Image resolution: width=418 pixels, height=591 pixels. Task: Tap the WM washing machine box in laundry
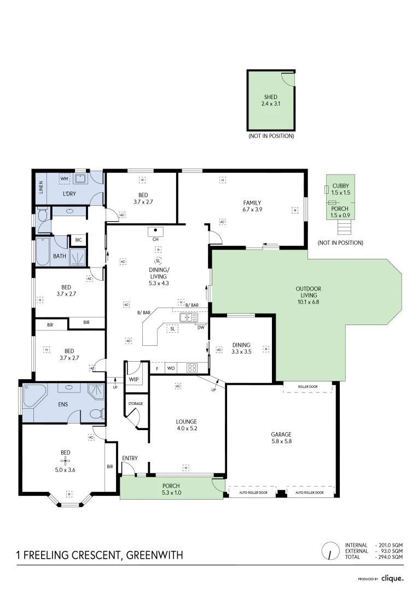[64, 179]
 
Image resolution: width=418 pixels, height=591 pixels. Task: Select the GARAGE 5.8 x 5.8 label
[281, 438]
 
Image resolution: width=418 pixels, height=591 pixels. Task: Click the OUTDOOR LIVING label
[308, 292]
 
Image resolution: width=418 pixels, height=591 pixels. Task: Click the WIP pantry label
[133, 379]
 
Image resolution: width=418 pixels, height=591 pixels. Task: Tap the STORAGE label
[136, 404]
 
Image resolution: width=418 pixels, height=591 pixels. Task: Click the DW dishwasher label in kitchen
[201, 328]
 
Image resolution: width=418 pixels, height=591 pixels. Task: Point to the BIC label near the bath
[78, 240]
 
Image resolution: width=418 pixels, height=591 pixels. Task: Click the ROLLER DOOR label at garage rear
[308, 387]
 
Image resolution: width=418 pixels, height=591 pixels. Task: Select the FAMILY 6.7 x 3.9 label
[252, 206]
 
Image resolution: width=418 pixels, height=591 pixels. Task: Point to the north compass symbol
[330, 551]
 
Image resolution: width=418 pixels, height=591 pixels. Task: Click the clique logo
[392, 578]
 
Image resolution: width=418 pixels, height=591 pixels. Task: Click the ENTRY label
[130, 458]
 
